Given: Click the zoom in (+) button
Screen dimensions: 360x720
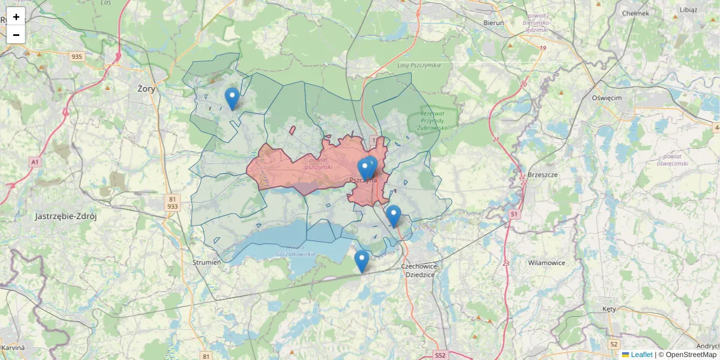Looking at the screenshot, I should point(16,17).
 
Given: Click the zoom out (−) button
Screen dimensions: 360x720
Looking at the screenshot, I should point(16,35).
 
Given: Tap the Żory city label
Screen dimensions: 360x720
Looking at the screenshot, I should point(146,89).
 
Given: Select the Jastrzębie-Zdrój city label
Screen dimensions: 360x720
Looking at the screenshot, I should point(66,217).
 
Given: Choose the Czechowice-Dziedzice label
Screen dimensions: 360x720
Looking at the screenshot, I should point(420,270).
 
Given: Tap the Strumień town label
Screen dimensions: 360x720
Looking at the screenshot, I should point(207,262).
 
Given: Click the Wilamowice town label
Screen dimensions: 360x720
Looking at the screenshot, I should point(547,263).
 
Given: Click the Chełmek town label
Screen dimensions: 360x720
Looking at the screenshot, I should point(635,13).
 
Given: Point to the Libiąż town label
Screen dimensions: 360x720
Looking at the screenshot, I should point(689,10).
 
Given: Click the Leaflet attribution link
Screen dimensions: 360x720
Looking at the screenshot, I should point(641,355).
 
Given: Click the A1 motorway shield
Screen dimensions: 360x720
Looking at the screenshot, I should point(35,162).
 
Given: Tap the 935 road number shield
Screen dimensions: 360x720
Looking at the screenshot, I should point(77,56).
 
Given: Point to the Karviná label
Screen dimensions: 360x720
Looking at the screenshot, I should point(13,347).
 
